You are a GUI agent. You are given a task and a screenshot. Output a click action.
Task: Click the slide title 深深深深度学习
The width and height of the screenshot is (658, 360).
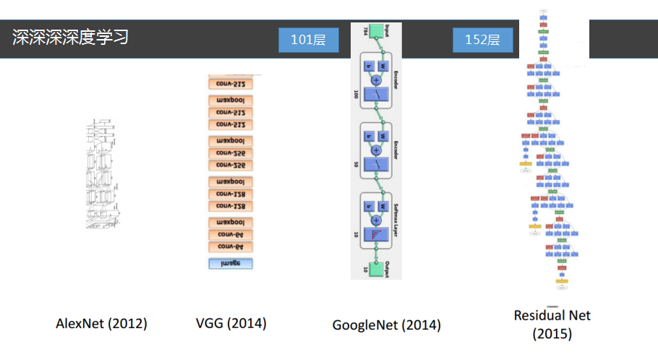(70, 37)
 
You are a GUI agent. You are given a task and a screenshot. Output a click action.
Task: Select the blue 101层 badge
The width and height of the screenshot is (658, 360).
(309, 40)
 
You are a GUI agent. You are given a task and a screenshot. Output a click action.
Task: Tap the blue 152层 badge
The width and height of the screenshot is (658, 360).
(482, 40)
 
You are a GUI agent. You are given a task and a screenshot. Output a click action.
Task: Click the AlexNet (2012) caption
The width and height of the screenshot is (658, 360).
(101, 323)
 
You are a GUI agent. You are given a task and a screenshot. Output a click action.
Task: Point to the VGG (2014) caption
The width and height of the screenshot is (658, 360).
(231, 323)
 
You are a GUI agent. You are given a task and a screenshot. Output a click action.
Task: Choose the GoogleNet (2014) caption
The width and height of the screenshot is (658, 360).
(386, 325)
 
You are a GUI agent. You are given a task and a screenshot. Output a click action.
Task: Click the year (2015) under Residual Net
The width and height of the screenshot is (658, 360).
(552, 334)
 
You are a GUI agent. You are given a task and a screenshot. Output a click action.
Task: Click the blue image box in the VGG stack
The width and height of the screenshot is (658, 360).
(230, 264)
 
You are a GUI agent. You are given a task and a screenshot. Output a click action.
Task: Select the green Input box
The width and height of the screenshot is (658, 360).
(375, 33)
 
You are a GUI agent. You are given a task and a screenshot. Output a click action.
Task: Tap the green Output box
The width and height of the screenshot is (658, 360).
(375, 269)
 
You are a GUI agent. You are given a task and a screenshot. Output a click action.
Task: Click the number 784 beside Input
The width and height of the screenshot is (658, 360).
(356, 31)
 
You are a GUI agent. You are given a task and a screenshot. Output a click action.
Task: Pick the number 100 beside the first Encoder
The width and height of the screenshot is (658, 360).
(356, 95)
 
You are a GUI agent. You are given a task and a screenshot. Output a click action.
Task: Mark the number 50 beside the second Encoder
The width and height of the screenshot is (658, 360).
(356, 164)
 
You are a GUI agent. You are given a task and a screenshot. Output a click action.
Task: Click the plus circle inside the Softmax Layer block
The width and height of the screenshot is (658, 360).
(375, 220)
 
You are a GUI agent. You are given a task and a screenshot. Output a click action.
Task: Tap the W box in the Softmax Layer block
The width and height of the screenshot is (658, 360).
(383, 207)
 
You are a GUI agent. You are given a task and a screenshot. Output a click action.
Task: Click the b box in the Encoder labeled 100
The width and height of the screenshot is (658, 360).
(367, 66)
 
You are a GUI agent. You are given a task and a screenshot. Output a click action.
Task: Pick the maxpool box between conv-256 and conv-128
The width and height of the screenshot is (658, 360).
(230, 181)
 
